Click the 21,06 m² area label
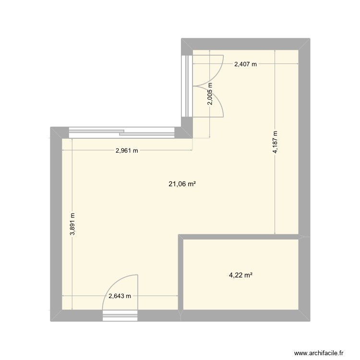182,183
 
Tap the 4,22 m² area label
240,275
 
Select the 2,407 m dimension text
245,64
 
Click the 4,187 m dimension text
275,143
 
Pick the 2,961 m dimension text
127,151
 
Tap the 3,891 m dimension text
72,224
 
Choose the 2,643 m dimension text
120,296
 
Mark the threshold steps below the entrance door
120,315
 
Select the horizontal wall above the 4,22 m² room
240,237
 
